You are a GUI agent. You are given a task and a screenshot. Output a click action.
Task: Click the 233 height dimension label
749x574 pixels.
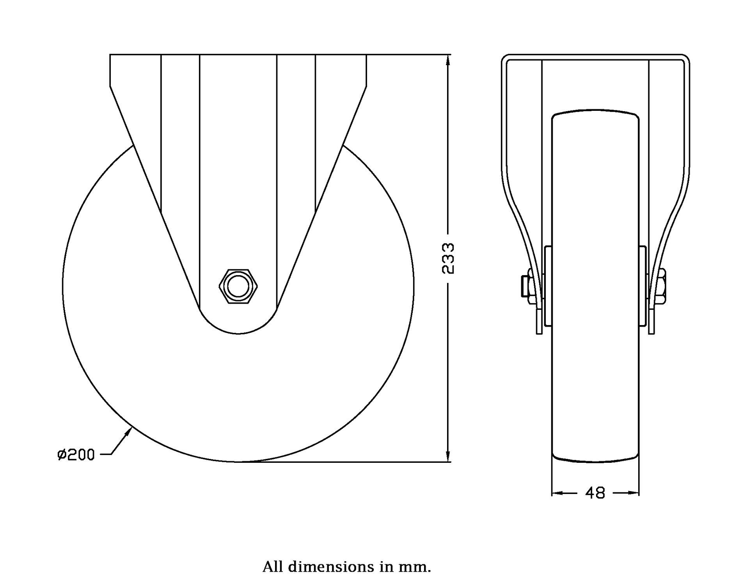(x=448, y=258)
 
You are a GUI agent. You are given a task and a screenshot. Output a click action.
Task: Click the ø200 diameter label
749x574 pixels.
(x=76, y=455)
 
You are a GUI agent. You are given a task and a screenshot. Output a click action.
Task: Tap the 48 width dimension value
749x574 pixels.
(x=595, y=493)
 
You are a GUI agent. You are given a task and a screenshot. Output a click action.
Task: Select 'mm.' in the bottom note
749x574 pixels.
(x=418, y=566)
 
